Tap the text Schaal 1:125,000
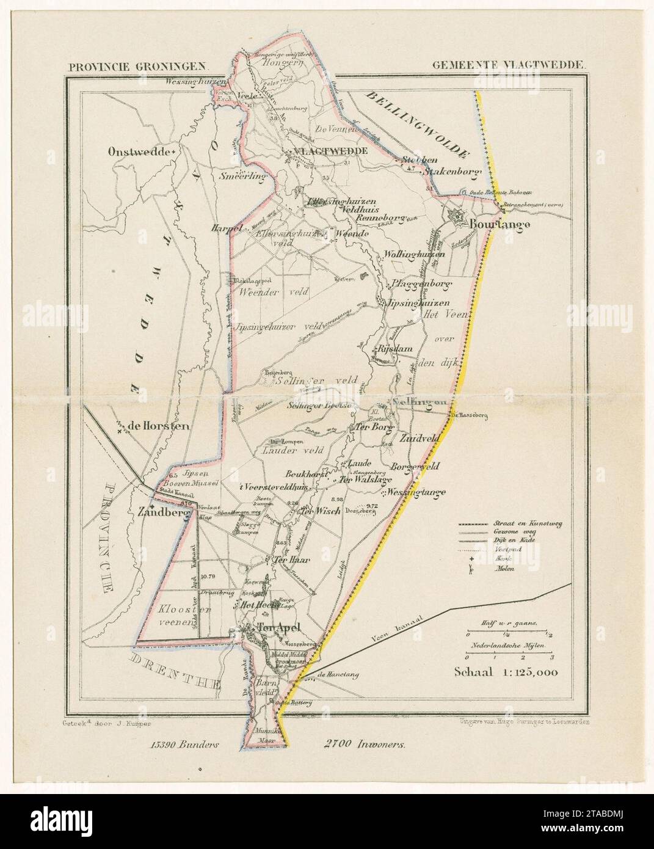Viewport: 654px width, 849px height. [506, 672]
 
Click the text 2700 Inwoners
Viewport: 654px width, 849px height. [362, 745]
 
